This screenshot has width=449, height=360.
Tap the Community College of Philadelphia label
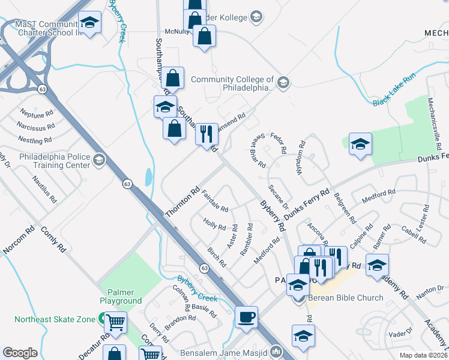(232, 83)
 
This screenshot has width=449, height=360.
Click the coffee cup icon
(246, 317)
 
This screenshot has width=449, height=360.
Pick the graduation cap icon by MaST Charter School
(89, 22)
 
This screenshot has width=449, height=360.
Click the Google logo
(20, 353)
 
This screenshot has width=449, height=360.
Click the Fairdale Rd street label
(214, 201)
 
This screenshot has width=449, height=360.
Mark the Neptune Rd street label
(36, 113)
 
